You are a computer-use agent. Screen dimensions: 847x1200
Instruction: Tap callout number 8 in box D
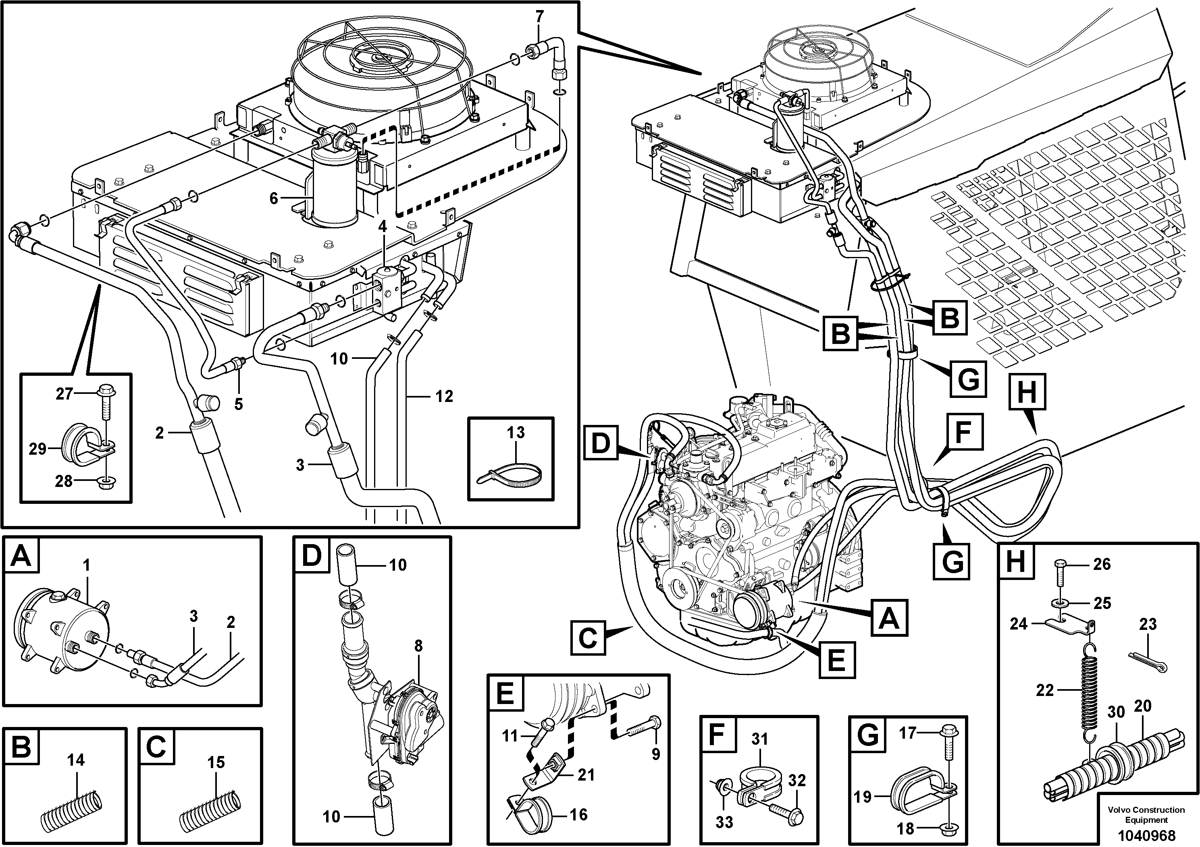click(418, 646)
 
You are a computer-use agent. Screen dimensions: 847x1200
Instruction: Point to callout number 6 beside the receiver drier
click(273, 199)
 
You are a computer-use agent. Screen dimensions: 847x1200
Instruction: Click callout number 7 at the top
click(539, 17)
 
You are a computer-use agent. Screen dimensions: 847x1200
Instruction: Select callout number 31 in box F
click(759, 739)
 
